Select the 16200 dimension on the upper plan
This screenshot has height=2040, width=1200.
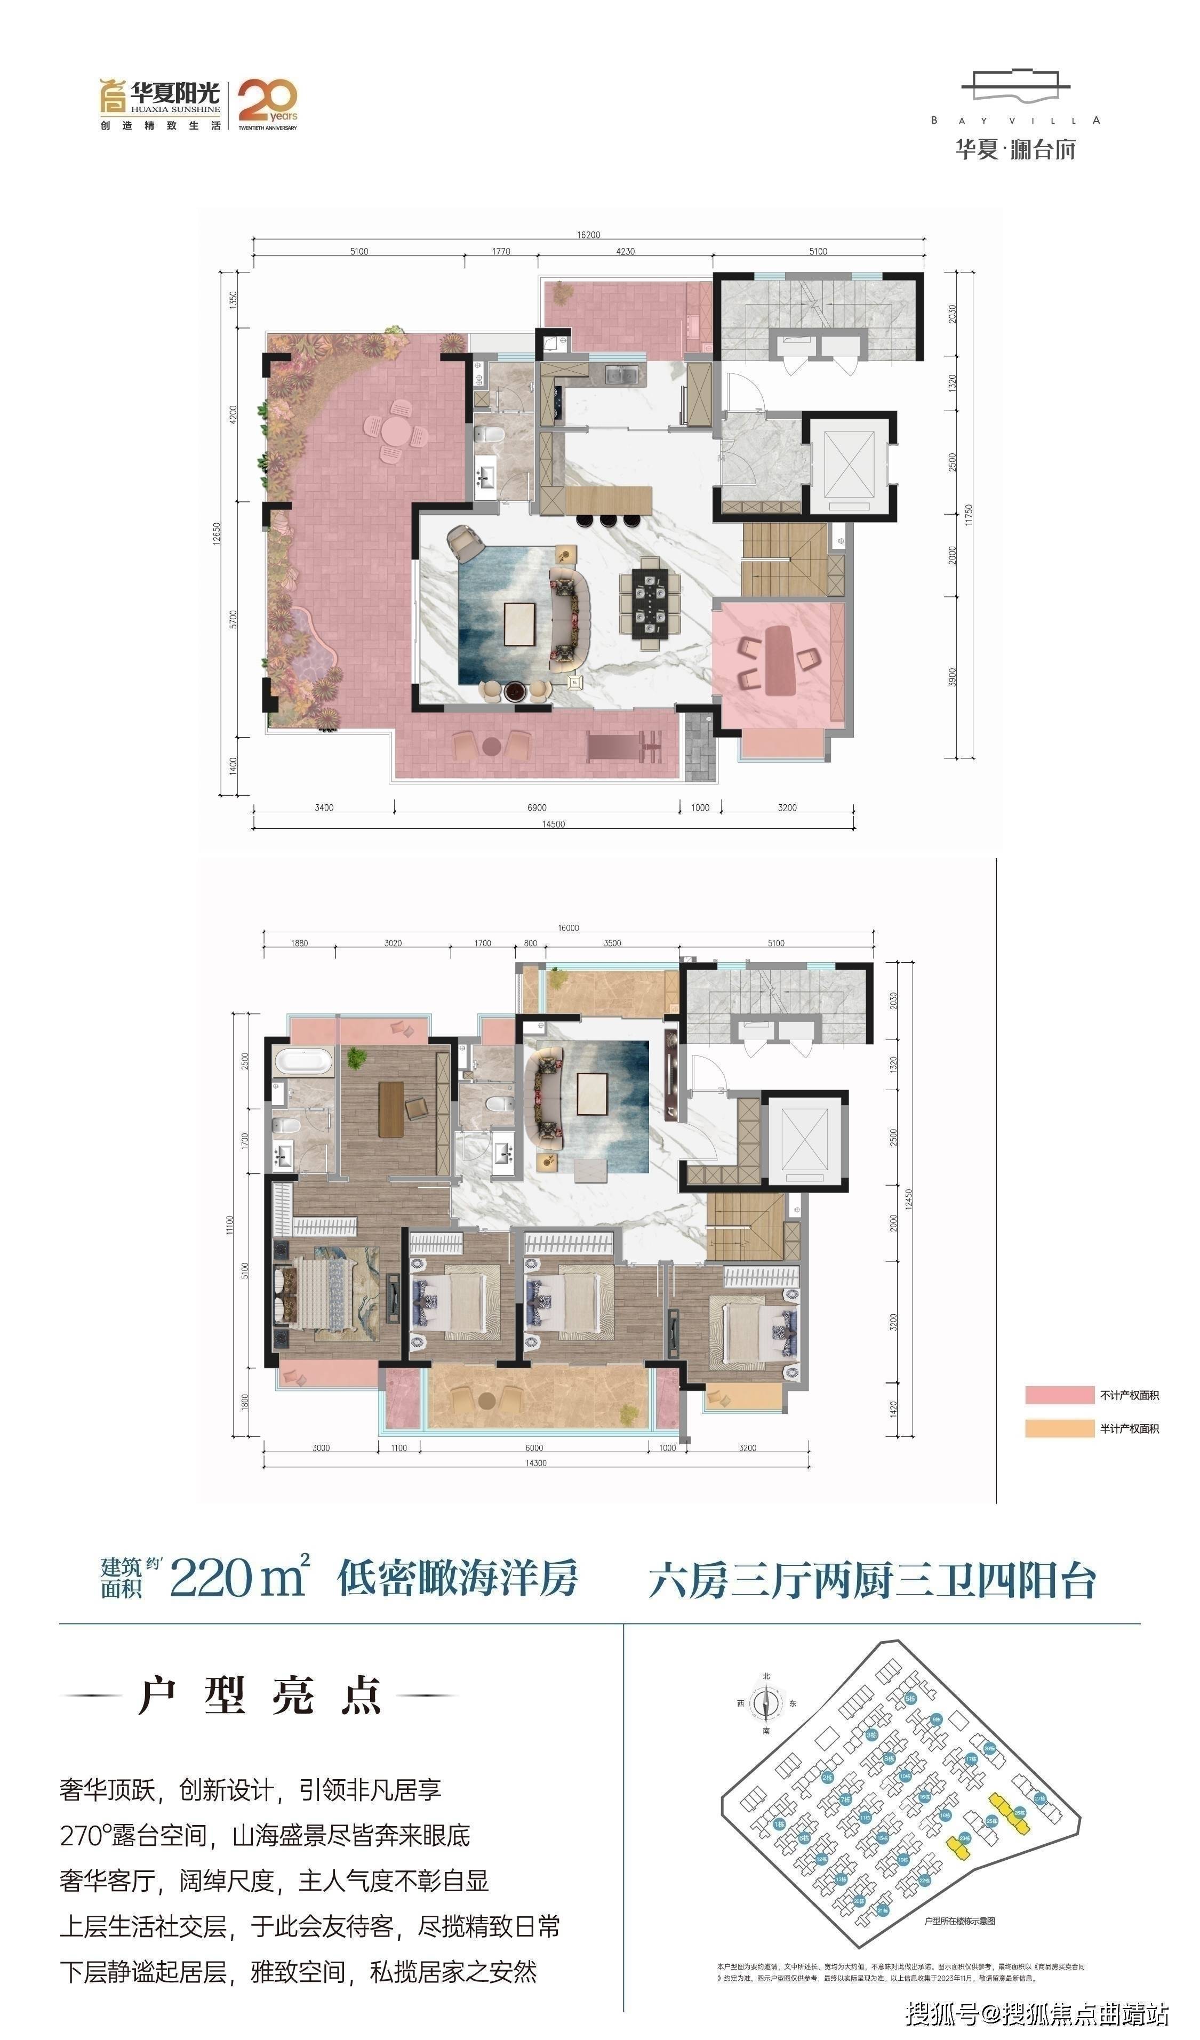pyautogui.click(x=589, y=235)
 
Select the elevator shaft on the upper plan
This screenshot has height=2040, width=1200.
pyautogui.click(x=850, y=468)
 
